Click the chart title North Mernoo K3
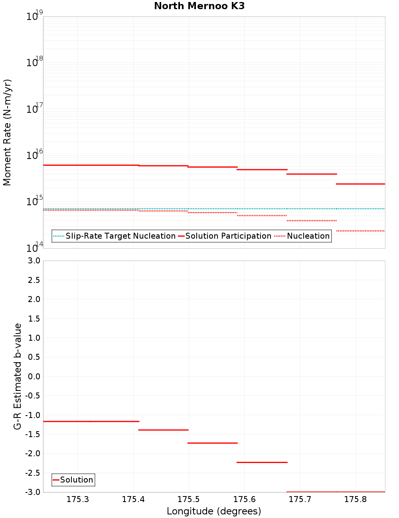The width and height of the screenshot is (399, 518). tap(199, 6)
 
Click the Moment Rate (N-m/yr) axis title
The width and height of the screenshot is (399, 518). tap(7, 132)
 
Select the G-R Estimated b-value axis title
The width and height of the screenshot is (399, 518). tap(18, 376)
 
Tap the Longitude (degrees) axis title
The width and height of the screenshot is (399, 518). tap(214, 511)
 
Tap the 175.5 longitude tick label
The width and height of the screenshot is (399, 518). tap(188, 499)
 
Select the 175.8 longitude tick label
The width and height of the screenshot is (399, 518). tap(355, 499)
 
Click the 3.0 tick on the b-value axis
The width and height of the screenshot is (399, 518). tap(34, 261)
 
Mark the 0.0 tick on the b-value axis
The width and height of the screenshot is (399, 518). tap(34, 376)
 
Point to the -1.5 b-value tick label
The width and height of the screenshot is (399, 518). tap(32, 434)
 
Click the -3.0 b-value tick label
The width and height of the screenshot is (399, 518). tap(32, 492)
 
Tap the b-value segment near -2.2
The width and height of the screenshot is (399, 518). tap(262, 462)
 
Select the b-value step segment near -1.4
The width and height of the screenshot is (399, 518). tap(163, 430)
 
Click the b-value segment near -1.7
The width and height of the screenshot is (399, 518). tap(212, 443)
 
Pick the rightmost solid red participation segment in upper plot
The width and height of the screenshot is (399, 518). tap(360, 184)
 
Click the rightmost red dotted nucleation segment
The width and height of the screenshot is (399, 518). tap(360, 231)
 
